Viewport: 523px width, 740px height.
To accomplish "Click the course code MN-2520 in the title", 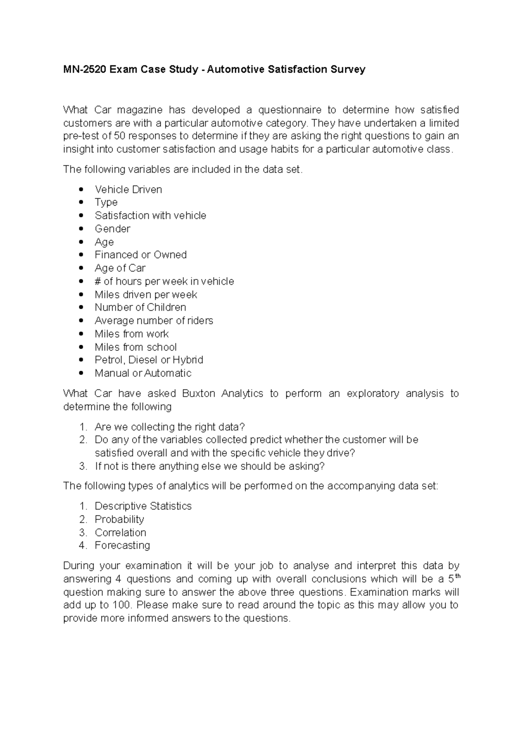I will (x=85, y=69).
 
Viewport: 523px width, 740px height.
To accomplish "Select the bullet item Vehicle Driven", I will (x=128, y=190).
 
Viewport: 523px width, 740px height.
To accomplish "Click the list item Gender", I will (x=112, y=229).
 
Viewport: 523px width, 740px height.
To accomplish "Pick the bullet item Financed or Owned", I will (x=140, y=255).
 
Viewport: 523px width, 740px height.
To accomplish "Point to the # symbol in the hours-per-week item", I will (x=98, y=282).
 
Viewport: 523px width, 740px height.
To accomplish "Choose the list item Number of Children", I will (x=140, y=307).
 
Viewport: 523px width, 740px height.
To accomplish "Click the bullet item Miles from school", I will (x=136, y=347).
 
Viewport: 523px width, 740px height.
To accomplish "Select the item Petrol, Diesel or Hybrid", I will (x=149, y=360).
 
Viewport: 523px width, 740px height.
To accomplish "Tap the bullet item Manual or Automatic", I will (x=143, y=373).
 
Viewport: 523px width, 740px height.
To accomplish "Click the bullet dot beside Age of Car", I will (x=81, y=268).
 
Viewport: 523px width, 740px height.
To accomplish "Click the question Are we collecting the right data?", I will (x=170, y=427).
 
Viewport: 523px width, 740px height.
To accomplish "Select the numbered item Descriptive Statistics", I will (x=143, y=506).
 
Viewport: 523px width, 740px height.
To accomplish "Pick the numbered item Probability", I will (x=119, y=519).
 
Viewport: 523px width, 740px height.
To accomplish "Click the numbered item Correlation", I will (x=120, y=533).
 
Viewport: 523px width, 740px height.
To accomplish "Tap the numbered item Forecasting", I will (x=122, y=546).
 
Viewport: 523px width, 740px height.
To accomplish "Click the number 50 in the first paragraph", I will (x=119, y=136).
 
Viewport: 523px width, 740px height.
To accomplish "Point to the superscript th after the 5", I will (x=457, y=576).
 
